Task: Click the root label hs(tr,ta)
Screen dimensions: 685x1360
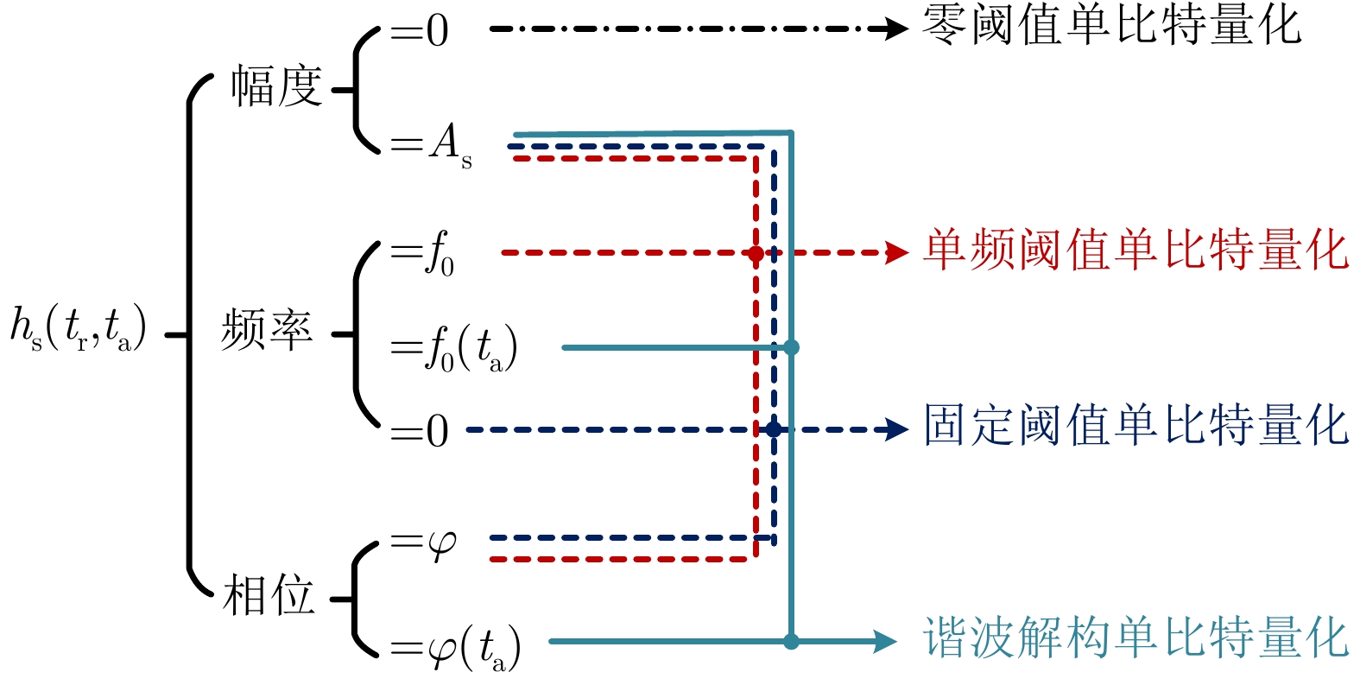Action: point(78,330)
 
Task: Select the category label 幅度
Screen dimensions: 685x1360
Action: point(275,87)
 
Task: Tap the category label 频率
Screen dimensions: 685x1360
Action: point(267,330)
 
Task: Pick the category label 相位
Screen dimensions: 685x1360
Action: point(269,597)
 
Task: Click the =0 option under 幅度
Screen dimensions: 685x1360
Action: point(420,32)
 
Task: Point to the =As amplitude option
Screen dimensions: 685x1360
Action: point(431,145)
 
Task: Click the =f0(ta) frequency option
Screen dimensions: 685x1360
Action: point(454,348)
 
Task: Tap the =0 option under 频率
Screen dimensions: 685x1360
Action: point(420,430)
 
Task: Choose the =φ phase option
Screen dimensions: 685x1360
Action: point(423,543)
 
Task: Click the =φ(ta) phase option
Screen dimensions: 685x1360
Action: point(456,647)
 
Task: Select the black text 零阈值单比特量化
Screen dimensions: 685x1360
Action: point(1110,26)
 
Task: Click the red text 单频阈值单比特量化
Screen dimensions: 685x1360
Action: point(1135,251)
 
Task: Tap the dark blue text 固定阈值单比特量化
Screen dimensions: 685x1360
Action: point(1135,426)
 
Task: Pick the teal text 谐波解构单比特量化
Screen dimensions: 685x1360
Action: point(1135,639)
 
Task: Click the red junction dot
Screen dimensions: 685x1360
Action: point(756,254)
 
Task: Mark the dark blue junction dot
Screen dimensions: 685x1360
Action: point(773,429)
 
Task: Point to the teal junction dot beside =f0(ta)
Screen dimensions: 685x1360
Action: point(791,347)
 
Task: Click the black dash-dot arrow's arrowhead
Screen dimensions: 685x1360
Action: point(896,29)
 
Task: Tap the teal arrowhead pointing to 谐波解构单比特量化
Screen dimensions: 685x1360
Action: point(886,641)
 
